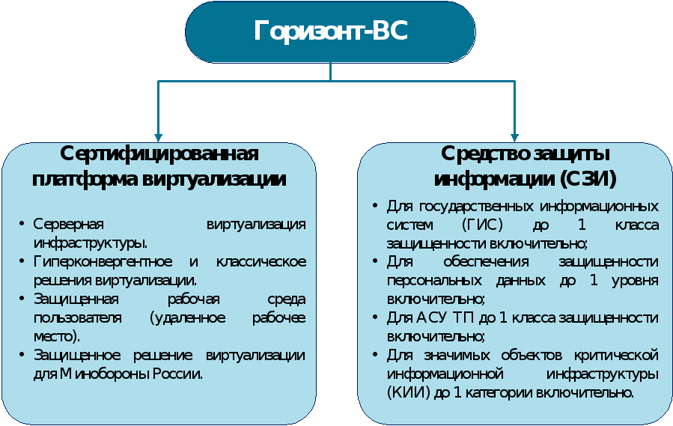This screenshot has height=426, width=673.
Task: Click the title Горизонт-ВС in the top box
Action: click(x=330, y=31)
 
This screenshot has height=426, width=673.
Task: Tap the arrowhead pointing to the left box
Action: click(x=159, y=138)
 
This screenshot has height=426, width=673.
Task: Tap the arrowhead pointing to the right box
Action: click(x=514, y=138)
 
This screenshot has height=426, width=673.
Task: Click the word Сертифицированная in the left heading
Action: click(x=159, y=153)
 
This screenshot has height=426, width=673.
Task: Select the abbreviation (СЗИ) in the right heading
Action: click(x=588, y=179)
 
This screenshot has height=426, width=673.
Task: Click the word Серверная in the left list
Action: click(x=69, y=224)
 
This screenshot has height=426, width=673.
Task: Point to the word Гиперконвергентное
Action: click(x=103, y=261)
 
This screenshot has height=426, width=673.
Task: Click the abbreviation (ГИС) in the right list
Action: click(x=482, y=225)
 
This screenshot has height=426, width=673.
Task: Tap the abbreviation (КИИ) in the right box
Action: click(x=408, y=392)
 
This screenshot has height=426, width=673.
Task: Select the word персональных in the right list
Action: click(x=434, y=281)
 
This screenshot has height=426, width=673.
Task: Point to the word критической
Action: click(x=616, y=355)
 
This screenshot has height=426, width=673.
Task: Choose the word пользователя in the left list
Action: click(x=78, y=317)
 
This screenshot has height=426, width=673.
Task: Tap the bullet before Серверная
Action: click(x=22, y=223)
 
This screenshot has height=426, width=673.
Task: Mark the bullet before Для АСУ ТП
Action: click(x=375, y=317)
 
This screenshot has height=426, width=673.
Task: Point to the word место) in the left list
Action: click(x=57, y=336)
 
